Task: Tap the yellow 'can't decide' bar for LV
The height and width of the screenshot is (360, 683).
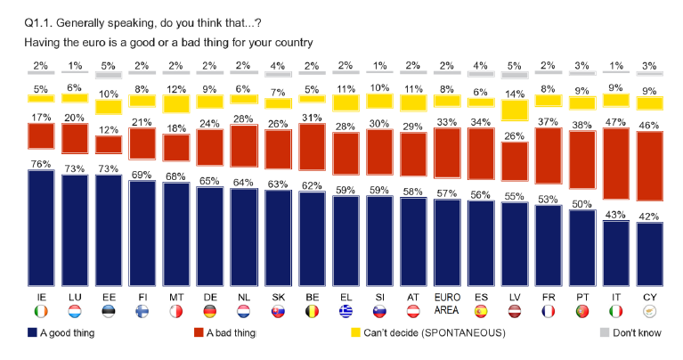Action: coord(514,110)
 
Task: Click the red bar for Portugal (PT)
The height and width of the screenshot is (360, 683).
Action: coord(582,160)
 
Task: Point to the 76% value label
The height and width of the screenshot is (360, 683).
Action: coord(40,162)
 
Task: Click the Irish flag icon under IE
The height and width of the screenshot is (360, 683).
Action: coord(40,312)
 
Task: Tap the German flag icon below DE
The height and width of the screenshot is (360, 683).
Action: coord(209,312)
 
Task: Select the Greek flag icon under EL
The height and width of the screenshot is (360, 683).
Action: coord(345,312)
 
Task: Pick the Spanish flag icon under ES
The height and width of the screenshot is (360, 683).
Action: coord(480,312)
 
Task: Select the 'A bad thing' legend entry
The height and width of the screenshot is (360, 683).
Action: coord(224,333)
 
